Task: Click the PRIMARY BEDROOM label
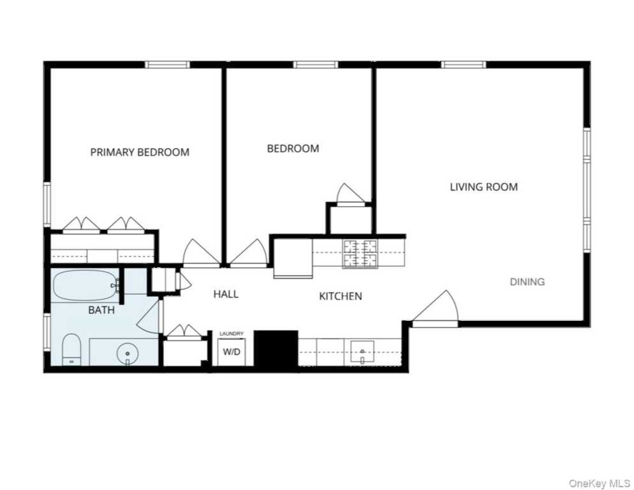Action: pos(140,152)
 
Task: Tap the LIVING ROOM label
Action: pos(483,187)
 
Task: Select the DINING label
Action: pos(527,281)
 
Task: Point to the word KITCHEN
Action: pos(341,296)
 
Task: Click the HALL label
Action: pos(226,294)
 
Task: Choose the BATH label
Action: pos(101,310)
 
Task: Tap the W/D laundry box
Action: pos(232,352)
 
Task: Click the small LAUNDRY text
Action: pos(232,334)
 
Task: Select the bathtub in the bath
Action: pos(86,285)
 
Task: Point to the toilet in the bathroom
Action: pos(71,349)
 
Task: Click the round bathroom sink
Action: pos(128,353)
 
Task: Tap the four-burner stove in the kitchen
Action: pos(360,254)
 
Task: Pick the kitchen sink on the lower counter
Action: pos(362,353)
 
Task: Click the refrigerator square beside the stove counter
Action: pos(293,258)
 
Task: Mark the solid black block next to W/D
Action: pos(276,349)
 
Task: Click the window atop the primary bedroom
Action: pos(167,64)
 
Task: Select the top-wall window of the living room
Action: pos(463,64)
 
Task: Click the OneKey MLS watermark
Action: pos(599,483)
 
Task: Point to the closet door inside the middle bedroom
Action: pos(350,195)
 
